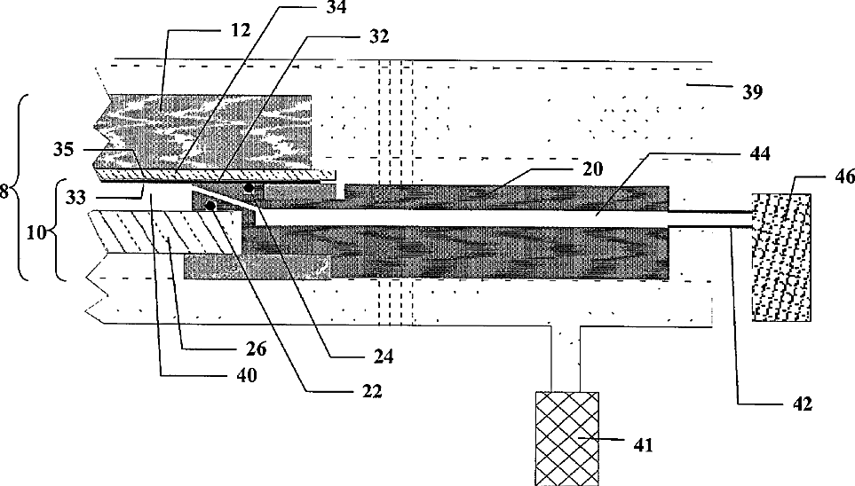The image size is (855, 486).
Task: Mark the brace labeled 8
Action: click(23, 187)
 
